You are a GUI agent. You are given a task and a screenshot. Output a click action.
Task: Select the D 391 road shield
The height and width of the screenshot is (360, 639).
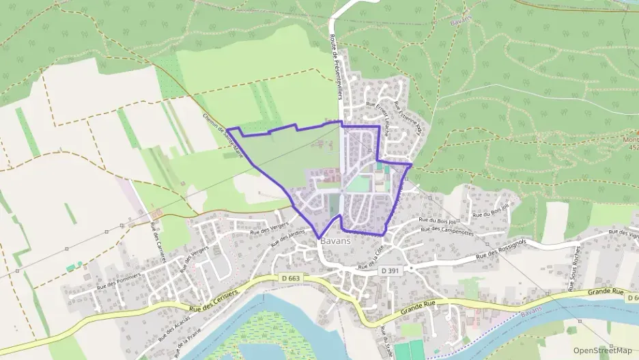(388, 271)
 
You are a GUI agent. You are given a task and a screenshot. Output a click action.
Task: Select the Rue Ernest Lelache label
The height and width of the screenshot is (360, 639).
(378, 121)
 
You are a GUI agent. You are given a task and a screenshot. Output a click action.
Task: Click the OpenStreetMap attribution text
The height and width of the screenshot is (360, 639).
(603, 350)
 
